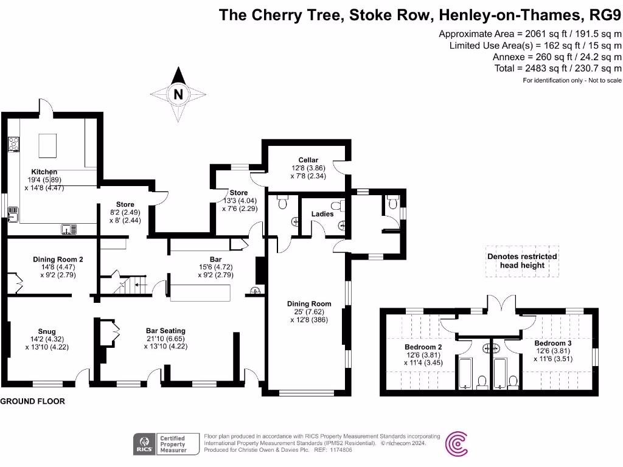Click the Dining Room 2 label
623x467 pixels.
click(58, 259)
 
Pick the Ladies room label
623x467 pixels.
click(322, 214)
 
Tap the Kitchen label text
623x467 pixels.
click(44, 172)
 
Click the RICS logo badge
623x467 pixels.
click(145, 444)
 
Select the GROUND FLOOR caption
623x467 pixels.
click(32, 402)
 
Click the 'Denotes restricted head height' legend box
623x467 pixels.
click(521, 261)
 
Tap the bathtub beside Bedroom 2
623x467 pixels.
click(465, 373)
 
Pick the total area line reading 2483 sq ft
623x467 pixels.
click(558, 68)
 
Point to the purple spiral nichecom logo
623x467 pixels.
click(457, 444)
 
